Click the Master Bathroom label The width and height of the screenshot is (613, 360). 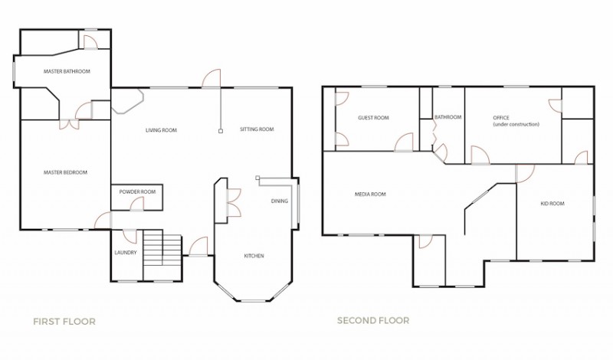coord(67,71)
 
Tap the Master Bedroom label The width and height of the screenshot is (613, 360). coord(65,172)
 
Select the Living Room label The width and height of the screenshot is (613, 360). coord(161,130)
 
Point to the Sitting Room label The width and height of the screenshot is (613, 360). coord(257,129)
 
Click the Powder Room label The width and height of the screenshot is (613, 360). coord(137,192)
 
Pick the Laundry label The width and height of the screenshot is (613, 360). coord(126,253)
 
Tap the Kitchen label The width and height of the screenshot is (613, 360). coord(254,256)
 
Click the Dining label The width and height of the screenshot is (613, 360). coord(280,201)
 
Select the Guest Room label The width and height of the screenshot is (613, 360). coord(373,118)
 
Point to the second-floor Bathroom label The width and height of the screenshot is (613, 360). coord(448,117)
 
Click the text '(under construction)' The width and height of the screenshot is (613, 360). coord(516,124)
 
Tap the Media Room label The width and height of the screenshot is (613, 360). coord(370,195)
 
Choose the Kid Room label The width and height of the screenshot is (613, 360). coord(552,204)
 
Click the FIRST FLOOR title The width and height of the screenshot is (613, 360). coord(64,322)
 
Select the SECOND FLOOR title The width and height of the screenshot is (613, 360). coord(373,321)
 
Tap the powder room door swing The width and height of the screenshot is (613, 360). coord(137,204)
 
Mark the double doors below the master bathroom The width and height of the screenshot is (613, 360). coord(69,124)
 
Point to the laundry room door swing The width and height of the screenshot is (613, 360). coord(129,236)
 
